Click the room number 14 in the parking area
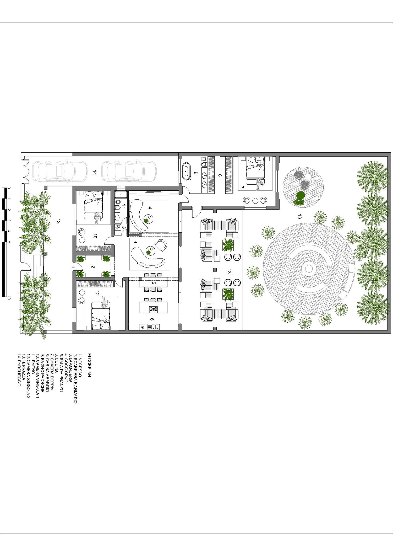click(95, 173)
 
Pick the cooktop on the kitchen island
click(153, 309)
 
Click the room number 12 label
click(97, 293)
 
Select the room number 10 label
click(95, 236)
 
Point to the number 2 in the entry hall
click(93, 267)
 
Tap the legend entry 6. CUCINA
click(56, 363)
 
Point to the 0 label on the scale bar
click(9, 188)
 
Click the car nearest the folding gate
click(59, 171)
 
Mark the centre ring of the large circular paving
click(309, 269)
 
